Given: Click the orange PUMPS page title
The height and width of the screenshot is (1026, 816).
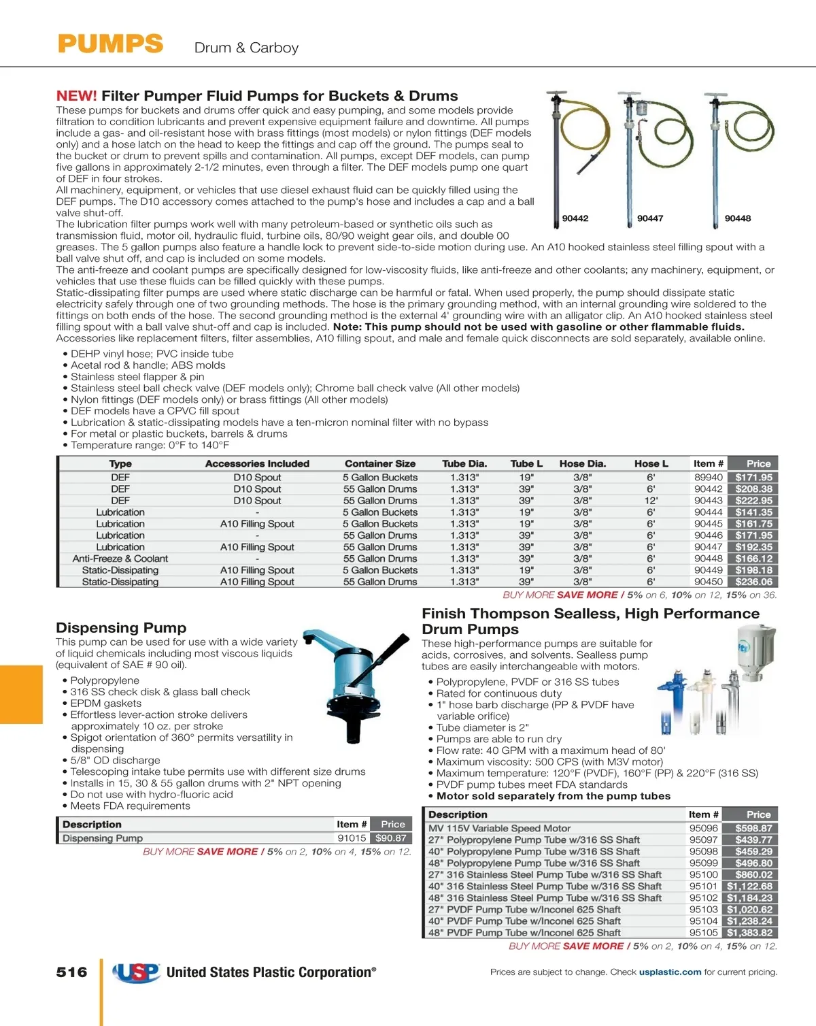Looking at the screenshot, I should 110,44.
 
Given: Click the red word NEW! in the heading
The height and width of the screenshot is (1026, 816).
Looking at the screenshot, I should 76,96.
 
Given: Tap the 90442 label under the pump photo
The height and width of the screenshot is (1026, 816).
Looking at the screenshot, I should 575,218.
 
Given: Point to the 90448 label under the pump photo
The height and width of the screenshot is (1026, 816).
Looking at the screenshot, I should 738,218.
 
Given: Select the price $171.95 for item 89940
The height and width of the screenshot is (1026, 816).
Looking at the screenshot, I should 754,478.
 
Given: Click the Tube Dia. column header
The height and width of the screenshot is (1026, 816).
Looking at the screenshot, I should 464,463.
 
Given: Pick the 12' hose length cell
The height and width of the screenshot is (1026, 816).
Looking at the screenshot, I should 651,501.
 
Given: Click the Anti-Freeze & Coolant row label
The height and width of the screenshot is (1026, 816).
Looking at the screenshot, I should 120,559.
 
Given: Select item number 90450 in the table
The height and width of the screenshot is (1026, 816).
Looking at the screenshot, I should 709,582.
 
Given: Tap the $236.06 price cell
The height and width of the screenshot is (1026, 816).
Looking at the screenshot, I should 754,582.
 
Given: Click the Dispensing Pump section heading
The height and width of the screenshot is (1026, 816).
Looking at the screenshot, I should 121,628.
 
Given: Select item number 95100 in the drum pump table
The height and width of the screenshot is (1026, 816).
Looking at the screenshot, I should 704,875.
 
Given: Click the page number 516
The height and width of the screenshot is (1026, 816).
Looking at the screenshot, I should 72,972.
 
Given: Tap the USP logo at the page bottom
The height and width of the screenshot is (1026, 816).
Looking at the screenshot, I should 137,973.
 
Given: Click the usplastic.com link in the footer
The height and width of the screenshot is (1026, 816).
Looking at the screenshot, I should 670,972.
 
